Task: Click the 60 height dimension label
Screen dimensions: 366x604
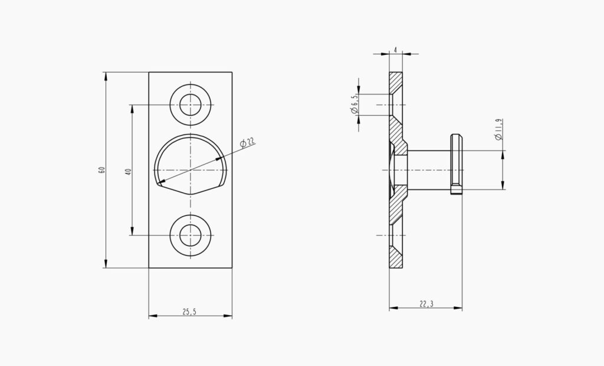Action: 102,170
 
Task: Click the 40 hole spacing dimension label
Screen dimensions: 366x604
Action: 128,171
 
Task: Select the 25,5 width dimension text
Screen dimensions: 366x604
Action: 189,312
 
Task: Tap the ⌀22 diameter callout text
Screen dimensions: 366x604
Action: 247,142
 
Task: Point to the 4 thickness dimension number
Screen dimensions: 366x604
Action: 395,49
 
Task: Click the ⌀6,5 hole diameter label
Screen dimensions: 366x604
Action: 354,104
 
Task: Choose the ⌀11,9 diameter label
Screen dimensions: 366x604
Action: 499,129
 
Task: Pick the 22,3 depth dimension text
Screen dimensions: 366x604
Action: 426,304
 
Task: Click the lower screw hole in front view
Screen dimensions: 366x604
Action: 190,235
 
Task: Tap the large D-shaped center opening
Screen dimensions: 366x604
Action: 191,165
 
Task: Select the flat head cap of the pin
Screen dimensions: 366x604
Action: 457,164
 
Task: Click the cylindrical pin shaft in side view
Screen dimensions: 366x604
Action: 429,170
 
